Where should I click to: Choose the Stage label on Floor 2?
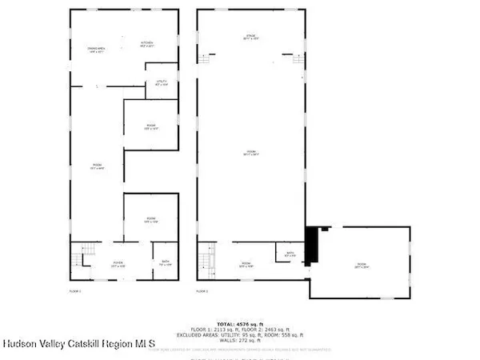click(250, 38)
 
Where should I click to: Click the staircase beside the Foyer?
click(79, 259)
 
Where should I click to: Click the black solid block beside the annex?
click(313, 243)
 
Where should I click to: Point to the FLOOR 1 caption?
click(76, 291)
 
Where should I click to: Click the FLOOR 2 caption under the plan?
click(203, 291)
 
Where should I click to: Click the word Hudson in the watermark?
click(19, 346)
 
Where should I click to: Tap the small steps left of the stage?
click(204, 58)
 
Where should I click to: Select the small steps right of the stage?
click(298, 58)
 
